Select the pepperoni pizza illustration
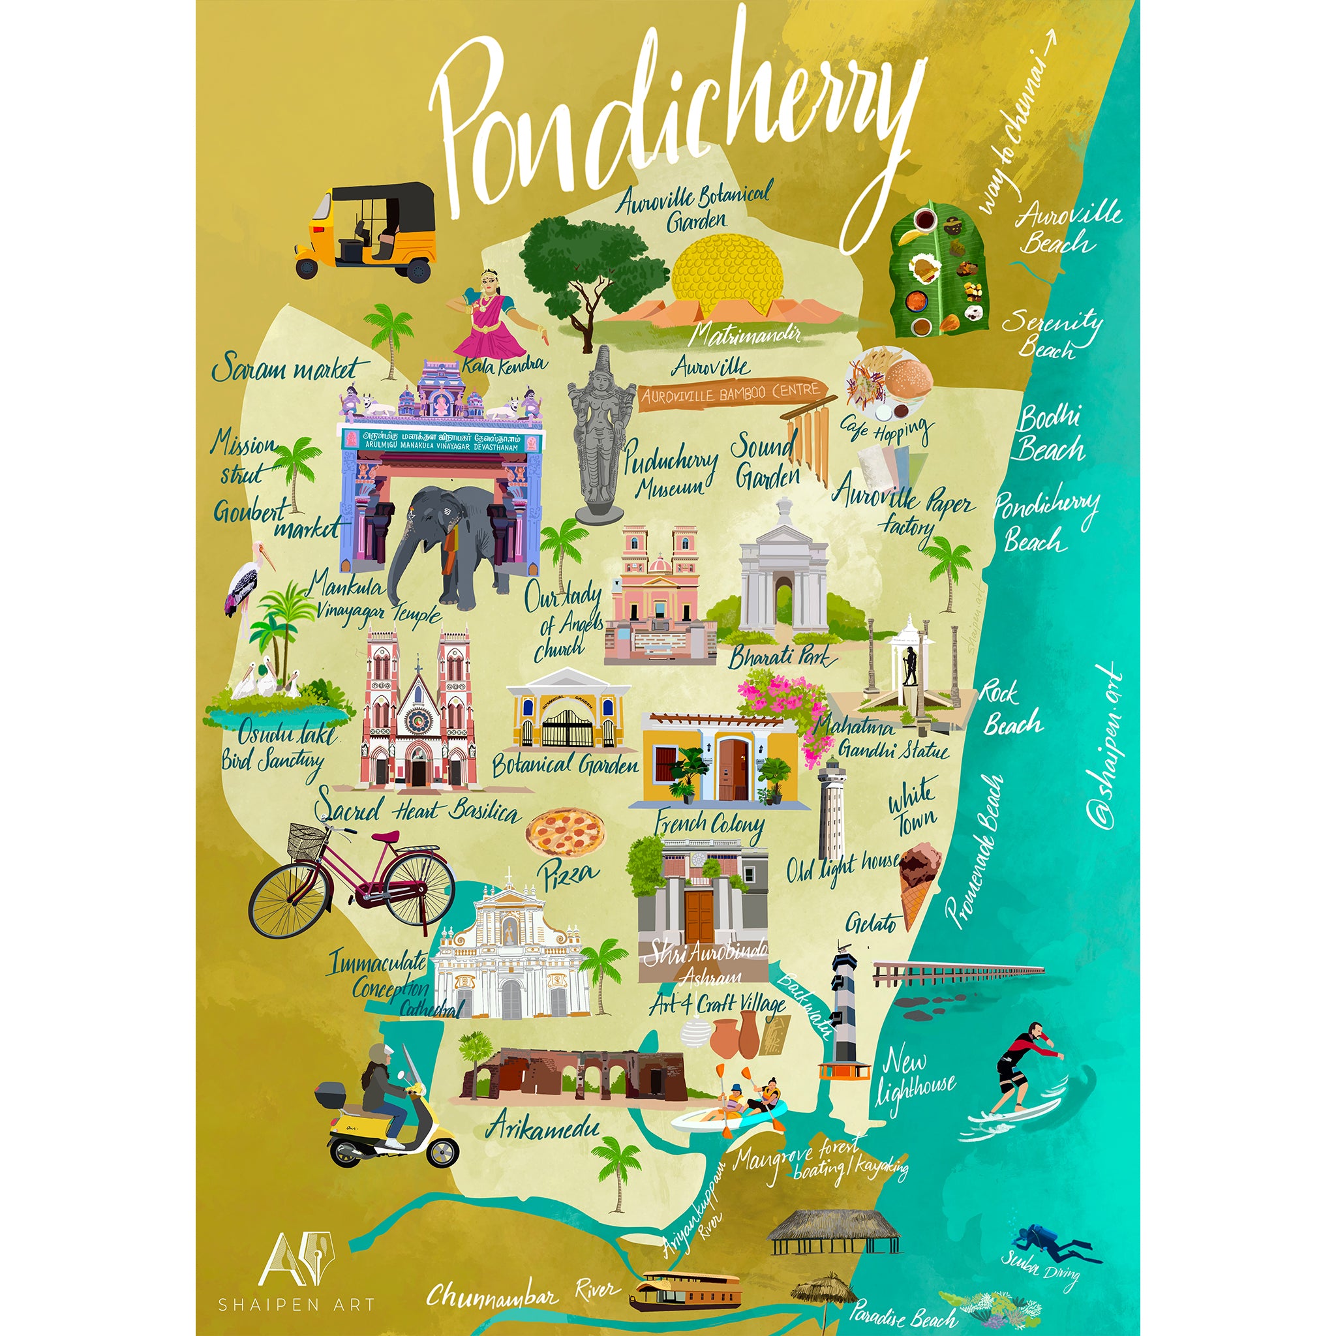pos(565,832)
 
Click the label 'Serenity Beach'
pos(1051,332)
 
